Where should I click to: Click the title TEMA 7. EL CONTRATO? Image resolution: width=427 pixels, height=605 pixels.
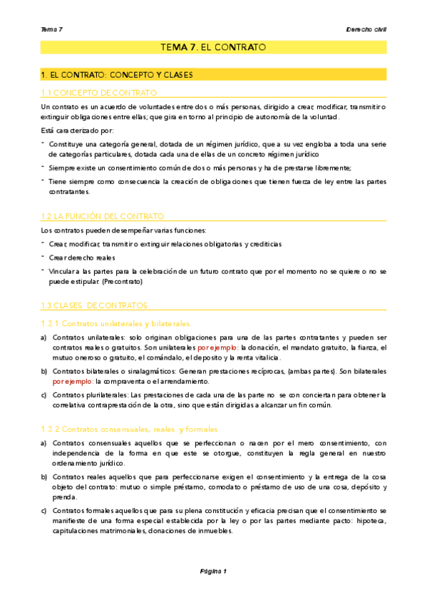[x=214, y=47]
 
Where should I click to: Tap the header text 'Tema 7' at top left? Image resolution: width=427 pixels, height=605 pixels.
[x=52, y=29]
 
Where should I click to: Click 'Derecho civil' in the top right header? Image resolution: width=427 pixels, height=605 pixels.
[x=366, y=29]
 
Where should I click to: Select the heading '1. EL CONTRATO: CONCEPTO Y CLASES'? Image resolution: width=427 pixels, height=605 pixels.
[x=117, y=74]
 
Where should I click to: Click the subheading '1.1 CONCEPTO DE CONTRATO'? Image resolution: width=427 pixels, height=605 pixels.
[x=98, y=93]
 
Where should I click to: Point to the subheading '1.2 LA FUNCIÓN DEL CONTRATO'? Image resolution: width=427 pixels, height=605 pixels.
[x=103, y=215]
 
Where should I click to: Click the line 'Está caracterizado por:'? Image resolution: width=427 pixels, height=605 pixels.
[x=77, y=130]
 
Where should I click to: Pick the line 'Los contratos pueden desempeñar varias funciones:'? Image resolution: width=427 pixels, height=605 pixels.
[x=123, y=230]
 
